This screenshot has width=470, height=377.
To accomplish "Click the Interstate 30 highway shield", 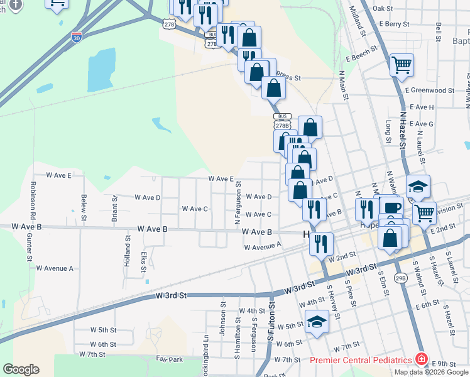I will pyautogui.click(x=77, y=37).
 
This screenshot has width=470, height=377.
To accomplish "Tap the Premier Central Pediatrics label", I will pyautogui.click(x=361, y=360).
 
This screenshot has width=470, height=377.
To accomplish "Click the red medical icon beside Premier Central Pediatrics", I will pyautogui.click(x=421, y=360).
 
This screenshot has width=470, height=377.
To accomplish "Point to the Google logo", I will pyautogui.click(x=21, y=369).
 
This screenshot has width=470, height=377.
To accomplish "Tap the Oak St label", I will pyautogui.click(x=382, y=9).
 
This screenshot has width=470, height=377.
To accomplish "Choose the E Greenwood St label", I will pyautogui.click(x=429, y=90).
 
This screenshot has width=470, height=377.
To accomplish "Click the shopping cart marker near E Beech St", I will pyautogui.click(x=402, y=63).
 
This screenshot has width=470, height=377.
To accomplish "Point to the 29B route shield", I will pyautogui.click(x=401, y=277).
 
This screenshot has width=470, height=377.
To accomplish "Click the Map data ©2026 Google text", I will pyautogui.click(x=432, y=372).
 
